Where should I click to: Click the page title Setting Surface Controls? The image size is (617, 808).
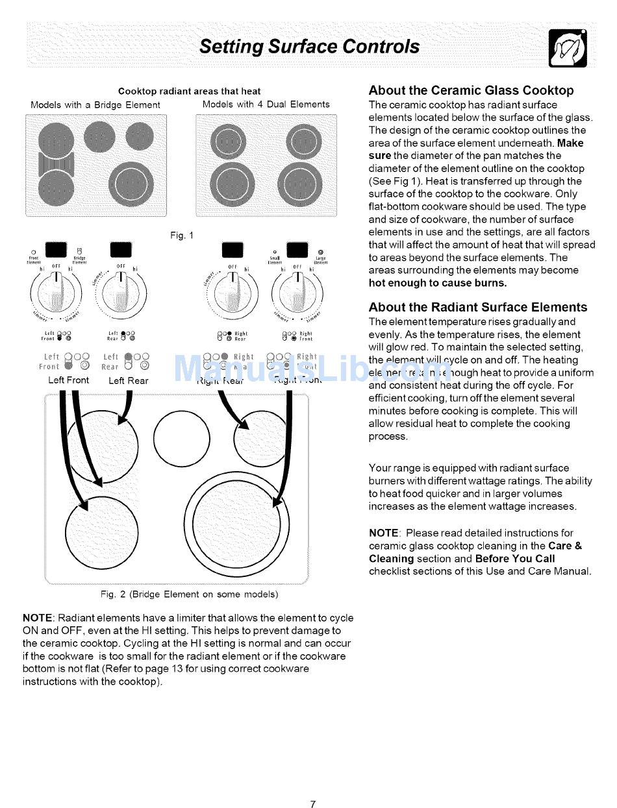(309, 47)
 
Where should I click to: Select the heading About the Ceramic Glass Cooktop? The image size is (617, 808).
(471, 91)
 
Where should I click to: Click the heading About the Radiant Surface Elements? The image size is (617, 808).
(477, 308)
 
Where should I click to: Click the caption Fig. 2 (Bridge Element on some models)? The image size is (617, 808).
(189, 594)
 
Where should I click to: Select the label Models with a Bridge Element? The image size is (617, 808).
(95, 105)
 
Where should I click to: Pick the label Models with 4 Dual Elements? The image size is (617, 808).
(266, 104)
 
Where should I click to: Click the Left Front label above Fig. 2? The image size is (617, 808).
(68, 380)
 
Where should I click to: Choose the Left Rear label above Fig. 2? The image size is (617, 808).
(128, 381)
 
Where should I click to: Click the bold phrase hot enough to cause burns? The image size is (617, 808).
(438, 283)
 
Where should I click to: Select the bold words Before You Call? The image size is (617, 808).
(515, 559)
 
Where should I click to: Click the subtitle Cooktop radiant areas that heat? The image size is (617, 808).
(189, 92)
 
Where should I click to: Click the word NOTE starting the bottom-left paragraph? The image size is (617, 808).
(38, 618)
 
